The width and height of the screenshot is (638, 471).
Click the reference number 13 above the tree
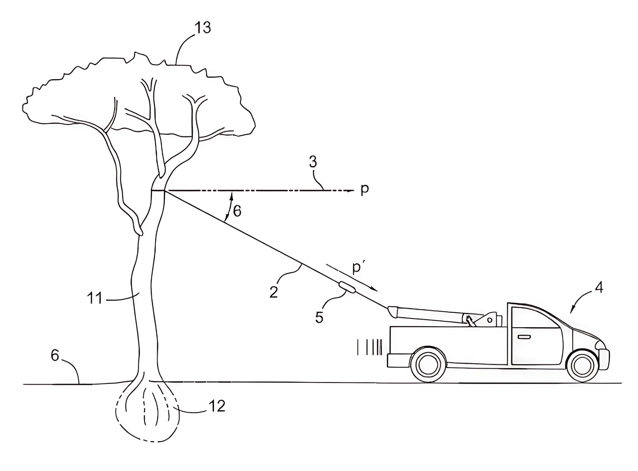[x=203, y=28]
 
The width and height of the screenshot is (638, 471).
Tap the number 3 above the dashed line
[x=313, y=162]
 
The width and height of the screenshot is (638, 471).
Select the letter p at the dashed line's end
[x=365, y=189]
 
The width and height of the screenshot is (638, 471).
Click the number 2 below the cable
[x=273, y=292]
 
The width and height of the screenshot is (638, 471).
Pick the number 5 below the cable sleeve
[x=319, y=317]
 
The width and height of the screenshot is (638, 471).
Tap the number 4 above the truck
[x=599, y=287]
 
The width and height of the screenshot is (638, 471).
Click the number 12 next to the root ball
[x=217, y=406]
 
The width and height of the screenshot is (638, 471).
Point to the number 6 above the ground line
[x=55, y=355]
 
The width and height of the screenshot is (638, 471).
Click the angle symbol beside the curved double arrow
[x=237, y=211]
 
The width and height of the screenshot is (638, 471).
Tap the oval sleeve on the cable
[x=347, y=287]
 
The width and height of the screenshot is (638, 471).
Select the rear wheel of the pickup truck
[x=428, y=364]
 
